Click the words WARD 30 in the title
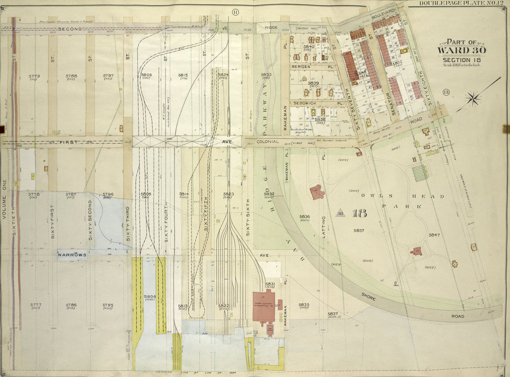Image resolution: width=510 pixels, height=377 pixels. click(458, 49)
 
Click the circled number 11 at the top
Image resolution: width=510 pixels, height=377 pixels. click(234, 11)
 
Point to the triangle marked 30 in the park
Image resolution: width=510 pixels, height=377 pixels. click(341, 213)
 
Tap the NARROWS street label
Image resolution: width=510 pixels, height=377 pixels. click(72, 255)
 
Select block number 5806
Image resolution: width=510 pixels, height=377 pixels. click(146, 75)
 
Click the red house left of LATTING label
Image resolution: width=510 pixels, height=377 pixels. click(317, 192)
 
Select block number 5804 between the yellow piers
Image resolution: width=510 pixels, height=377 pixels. click(150, 297)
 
